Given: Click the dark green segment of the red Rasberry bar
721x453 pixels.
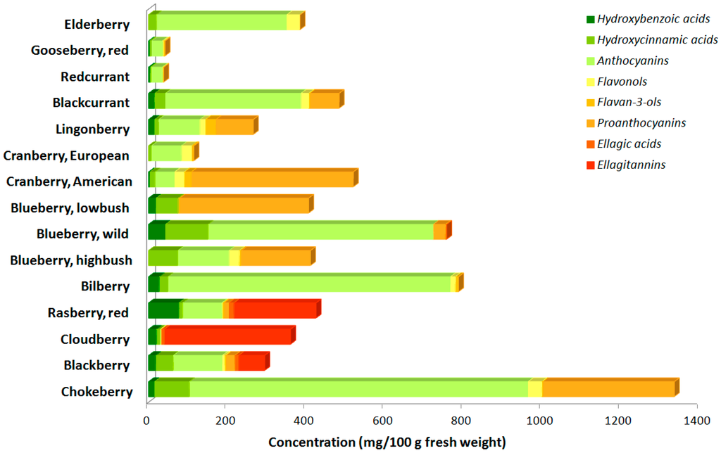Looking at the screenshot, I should pos(163,310).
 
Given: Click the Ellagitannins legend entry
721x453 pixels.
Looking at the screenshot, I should pos(631,165).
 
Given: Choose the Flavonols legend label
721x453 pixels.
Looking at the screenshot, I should pos(622,81).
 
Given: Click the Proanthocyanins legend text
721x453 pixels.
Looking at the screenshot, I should pos(641,123).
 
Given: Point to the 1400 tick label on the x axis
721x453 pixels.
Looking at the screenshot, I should pos(696,421).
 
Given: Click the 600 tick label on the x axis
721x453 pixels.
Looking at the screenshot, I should pos(382,421).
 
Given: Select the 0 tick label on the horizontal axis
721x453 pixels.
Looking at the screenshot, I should pos(147,421).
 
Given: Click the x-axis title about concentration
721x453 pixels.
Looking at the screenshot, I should pos(387,442).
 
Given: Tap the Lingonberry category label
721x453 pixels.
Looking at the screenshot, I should pos(92,129).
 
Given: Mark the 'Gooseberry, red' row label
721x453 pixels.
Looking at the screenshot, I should pos(80,50).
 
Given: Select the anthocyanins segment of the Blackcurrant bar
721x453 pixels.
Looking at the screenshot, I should pos(232,101).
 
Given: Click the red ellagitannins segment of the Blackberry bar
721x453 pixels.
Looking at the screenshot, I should pos(251,363).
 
